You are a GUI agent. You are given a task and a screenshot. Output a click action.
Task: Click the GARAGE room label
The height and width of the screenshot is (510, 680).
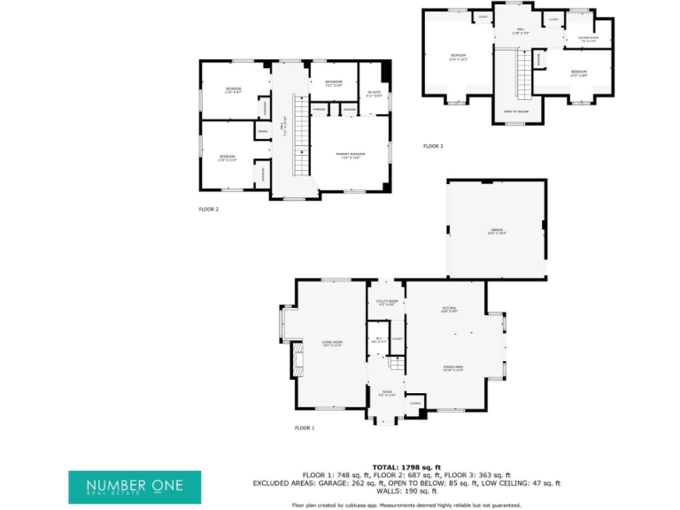point(496,232)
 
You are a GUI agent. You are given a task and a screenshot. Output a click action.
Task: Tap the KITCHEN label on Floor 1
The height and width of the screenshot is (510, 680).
point(449,309)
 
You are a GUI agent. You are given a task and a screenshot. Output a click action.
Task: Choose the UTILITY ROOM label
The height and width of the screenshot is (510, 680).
point(385,303)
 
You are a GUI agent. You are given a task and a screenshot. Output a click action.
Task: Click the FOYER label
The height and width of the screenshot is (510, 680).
point(386,391)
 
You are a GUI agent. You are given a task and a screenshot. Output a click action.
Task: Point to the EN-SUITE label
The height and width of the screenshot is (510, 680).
point(374,94)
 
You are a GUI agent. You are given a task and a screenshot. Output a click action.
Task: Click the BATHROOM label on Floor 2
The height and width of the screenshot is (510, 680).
point(333,82)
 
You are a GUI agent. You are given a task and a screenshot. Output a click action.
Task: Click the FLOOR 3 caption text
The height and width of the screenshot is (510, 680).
point(433,146)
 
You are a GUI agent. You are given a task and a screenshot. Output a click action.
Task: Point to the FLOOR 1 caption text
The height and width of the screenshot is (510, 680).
point(305,428)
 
